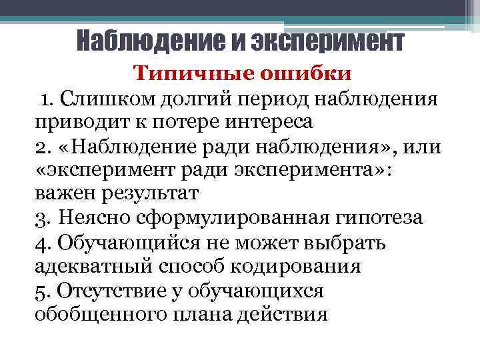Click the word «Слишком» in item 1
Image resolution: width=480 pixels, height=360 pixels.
click(x=97, y=100)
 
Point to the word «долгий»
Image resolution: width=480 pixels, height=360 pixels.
click(x=181, y=100)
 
